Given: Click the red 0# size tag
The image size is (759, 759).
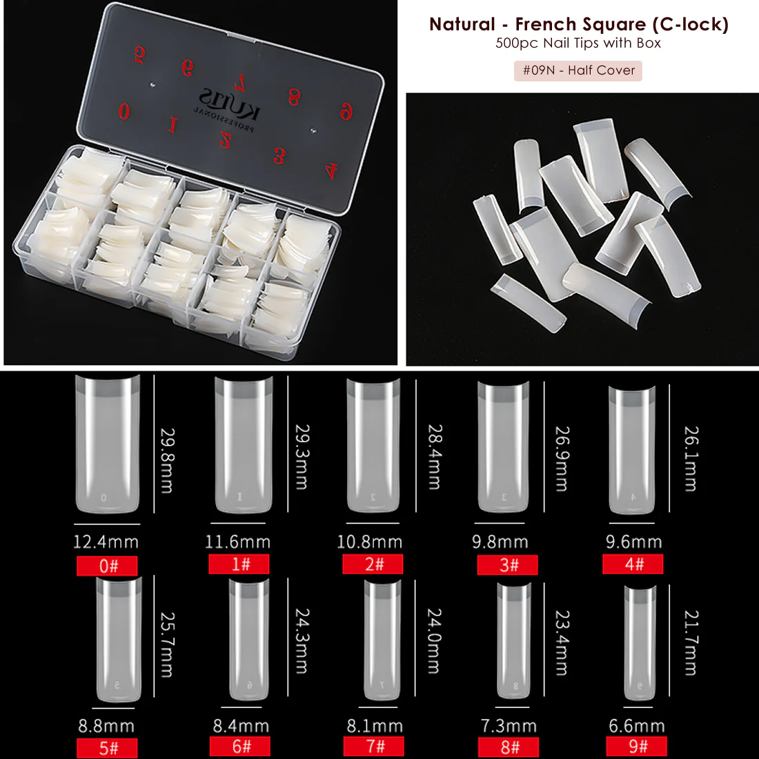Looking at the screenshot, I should (x=107, y=566).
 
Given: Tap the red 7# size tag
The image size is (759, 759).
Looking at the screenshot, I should (x=374, y=746).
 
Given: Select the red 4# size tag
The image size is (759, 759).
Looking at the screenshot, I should (x=633, y=564).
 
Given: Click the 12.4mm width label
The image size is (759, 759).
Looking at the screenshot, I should (x=106, y=542).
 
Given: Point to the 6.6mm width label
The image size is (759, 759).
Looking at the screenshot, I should (x=636, y=726).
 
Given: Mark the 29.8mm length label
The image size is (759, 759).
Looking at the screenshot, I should (x=166, y=460).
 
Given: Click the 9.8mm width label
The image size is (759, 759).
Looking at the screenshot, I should (x=500, y=542).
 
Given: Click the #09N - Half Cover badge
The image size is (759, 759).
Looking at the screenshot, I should (x=578, y=70).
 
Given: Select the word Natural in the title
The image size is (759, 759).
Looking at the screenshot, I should (x=462, y=24).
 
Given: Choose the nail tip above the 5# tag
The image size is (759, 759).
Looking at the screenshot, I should (x=118, y=639).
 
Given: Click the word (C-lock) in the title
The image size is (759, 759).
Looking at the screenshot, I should (x=690, y=24).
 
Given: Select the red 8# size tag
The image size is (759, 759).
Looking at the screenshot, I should (x=509, y=747).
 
